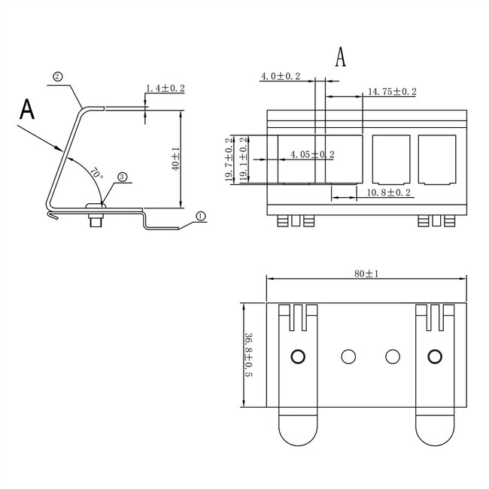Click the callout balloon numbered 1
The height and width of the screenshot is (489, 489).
200,215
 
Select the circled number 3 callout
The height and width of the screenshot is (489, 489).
122,178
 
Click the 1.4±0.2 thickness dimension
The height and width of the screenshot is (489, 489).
166,89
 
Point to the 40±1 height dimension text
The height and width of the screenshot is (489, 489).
175,159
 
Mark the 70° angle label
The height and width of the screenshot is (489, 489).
96,172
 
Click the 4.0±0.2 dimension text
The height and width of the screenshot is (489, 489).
280,77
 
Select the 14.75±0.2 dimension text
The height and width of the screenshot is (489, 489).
391,92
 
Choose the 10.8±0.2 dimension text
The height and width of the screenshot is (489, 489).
388,193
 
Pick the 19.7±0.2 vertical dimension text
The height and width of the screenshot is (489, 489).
229,159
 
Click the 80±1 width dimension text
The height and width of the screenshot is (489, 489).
366,273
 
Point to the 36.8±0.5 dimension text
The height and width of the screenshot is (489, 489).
249,356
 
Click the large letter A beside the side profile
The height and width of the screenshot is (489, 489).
27,110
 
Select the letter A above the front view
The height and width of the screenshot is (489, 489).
341,57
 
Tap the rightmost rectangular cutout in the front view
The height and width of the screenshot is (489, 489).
437,159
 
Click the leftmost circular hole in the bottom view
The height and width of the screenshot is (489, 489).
299,356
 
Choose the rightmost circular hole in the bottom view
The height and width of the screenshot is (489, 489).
435,356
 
